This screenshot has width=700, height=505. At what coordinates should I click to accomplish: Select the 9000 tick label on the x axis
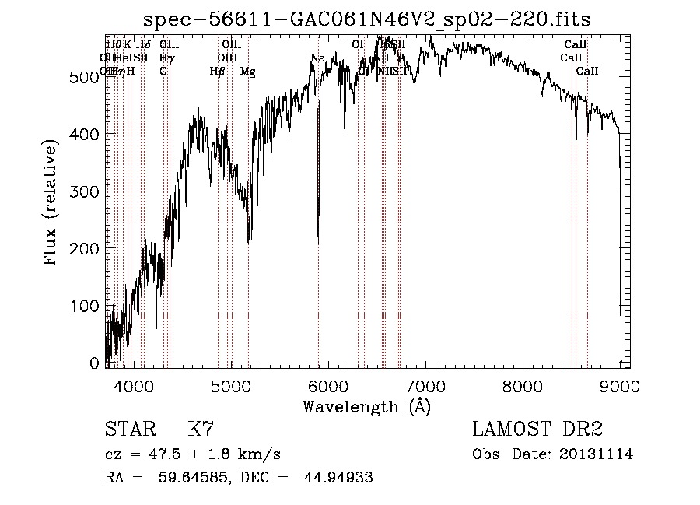pyautogui.click(x=620, y=384)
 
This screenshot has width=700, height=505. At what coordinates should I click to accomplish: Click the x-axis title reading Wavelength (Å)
pyautogui.click(x=366, y=406)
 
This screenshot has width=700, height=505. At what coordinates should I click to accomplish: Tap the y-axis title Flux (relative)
pyautogui.click(x=51, y=204)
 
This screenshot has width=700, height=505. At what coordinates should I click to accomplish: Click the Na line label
pyautogui.click(x=317, y=58)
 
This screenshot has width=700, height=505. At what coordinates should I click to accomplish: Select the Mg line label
pyautogui.click(x=247, y=72)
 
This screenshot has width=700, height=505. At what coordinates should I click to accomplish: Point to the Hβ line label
pyautogui.click(x=218, y=72)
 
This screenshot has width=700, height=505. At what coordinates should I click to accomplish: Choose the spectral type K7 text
pyautogui.click(x=200, y=430)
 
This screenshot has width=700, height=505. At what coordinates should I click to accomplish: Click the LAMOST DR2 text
pyautogui.click(x=537, y=430)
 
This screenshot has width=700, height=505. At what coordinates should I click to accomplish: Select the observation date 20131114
pyautogui.click(x=598, y=454)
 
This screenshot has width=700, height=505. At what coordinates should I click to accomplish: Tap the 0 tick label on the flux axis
pyautogui.click(x=95, y=363)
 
